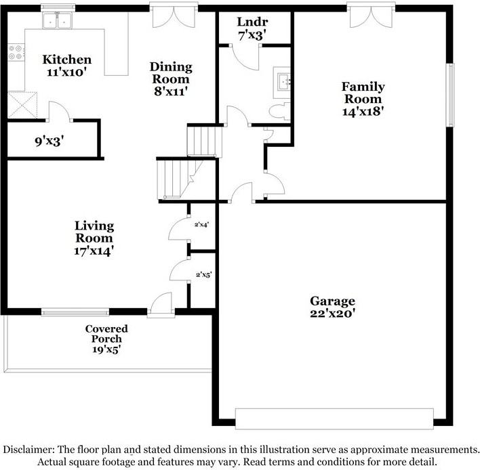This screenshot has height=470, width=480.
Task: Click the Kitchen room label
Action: [x=66, y=60]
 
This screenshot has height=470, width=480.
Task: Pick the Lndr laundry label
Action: [x=248, y=21]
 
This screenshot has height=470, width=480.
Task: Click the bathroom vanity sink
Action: [x=283, y=82]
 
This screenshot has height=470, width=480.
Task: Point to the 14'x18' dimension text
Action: [x=363, y=111]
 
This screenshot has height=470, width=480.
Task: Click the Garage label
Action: [x=332, y=301]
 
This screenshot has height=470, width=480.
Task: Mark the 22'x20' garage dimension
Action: [x=332, y=314]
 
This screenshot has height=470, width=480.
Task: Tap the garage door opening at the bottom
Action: [x=334, y=416]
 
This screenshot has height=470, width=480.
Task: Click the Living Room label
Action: [x=94, y=232]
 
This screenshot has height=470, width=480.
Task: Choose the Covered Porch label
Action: [x=106, y=334]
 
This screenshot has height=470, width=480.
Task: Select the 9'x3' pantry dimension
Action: [x=49, y=142]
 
